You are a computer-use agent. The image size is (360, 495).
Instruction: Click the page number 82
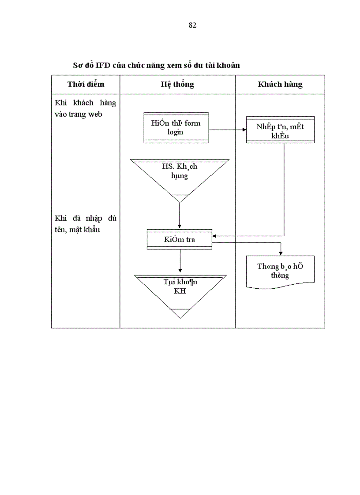coord(192,25)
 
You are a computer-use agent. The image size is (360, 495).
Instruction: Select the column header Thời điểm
coord(86,84)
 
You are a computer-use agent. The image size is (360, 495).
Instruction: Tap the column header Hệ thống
coord(177,84)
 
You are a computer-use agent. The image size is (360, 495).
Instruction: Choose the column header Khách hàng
coord(280,84)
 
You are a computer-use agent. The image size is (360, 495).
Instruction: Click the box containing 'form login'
coord(176,127)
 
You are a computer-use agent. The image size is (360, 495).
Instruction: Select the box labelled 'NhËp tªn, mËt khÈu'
coord(280,130)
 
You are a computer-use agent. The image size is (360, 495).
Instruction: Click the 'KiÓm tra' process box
coord(180,239)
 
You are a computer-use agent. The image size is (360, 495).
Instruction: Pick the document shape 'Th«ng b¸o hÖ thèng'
coord(280,271)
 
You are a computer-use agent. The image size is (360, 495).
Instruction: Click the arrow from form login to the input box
coord(227,130)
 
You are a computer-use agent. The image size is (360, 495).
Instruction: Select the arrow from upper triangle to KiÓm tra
coord(180,216)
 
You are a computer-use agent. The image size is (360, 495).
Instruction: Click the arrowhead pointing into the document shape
coord(280,253)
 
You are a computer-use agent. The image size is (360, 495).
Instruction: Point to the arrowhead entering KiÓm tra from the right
coord(215,236)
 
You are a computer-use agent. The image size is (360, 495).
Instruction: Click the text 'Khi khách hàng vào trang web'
coord(85,108)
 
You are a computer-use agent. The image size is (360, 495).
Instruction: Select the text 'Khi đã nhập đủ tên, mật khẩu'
coord(85,223)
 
